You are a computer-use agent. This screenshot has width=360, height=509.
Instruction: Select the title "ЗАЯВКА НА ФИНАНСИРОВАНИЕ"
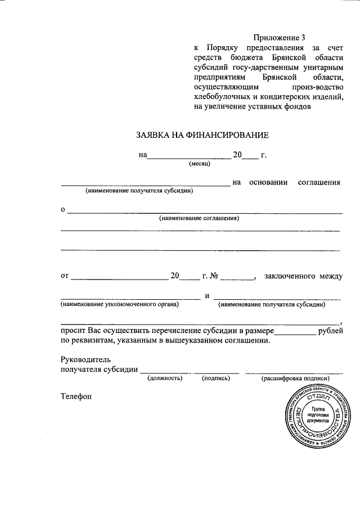pos(202,135)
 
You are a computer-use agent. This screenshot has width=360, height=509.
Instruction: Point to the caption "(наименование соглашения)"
pos(199,218)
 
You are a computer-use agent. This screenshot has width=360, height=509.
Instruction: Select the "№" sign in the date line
pos(214,276)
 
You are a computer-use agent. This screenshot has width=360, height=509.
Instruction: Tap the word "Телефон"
pos(76,396)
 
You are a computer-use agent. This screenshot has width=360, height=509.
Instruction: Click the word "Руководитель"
pos(85,359)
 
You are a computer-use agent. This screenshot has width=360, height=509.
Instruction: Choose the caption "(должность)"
pos(165,379)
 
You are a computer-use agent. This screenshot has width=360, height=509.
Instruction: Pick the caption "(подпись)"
pos(216,379)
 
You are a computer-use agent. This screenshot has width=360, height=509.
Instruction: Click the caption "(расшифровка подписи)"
pos(295,379)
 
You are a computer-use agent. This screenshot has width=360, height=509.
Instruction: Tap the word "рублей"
pos(329,331)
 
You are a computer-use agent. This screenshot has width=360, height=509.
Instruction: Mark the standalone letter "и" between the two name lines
pos(207,296)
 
